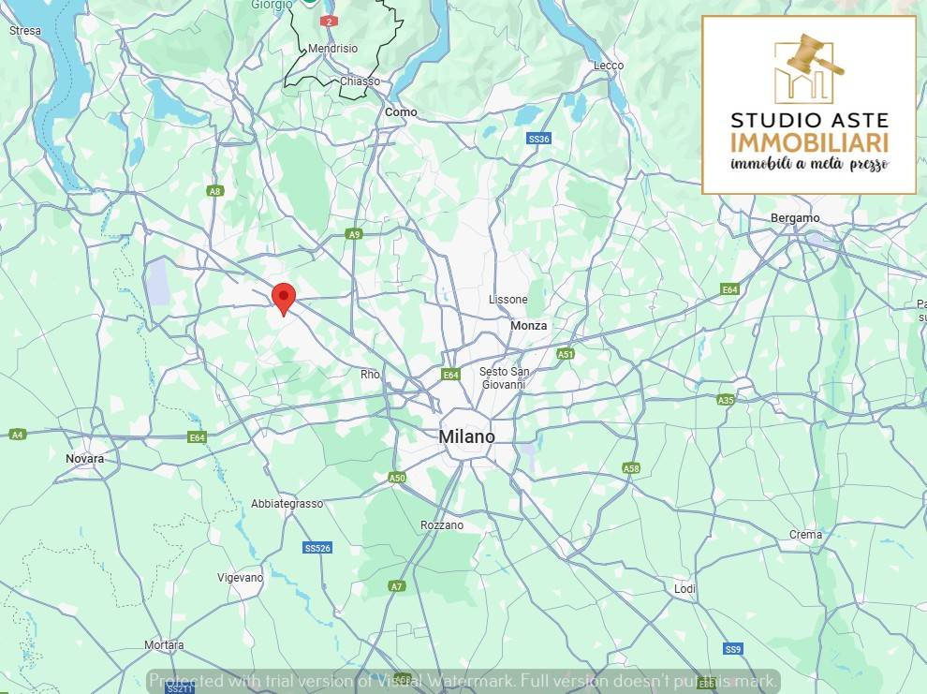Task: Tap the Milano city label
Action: [x=466, y=437]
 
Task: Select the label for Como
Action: [x=401, y=112]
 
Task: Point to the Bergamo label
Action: [x=794, y=218]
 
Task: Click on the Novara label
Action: [x=85, y=459]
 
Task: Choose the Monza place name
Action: [x=529, y=326]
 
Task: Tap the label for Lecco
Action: [x=608, y=66]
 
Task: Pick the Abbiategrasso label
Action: [x=287, y=504]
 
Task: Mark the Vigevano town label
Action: [x=240, y=578]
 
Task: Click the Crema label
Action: [x=805, y=536]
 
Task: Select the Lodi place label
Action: [x=684, y=588]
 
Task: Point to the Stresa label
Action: [x=25, y=31]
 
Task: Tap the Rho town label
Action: [x=370, y=375]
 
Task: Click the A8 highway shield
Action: [x=215, y=191]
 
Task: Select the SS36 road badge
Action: [x=538, y=139]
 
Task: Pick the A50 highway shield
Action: [x=397, y=478]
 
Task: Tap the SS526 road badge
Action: [x=317, y=548]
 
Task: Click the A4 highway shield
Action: [x=17, y=435]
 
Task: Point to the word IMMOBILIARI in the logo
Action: [x=809, y=142]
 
